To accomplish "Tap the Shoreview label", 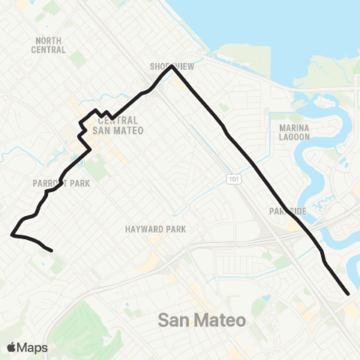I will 172,67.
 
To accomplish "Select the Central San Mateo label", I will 118,124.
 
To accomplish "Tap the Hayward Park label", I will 155,229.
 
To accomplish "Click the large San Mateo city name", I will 202,320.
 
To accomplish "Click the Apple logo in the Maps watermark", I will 13,347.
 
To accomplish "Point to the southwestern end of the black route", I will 51,250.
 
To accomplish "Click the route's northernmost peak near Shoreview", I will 172,66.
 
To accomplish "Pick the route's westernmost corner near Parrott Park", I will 12,235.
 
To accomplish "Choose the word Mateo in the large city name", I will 223,320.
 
